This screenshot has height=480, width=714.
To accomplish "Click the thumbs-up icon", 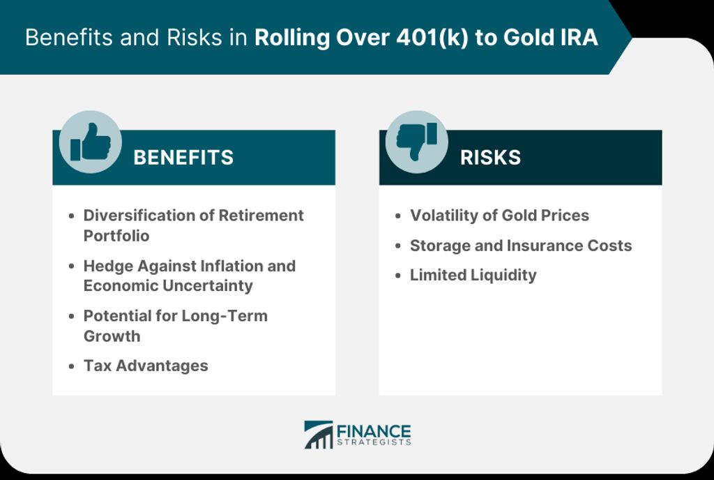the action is point(90,142).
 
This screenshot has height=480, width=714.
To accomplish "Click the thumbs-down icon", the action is point(417,142).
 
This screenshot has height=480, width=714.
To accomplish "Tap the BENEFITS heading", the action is point(183,158).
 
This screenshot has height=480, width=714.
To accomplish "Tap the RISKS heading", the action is point(490,158).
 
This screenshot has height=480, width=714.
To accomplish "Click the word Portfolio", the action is point(116,235).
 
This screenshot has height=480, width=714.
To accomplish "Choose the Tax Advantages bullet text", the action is point(146,366).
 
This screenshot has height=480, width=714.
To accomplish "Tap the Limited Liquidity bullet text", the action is point(473,275).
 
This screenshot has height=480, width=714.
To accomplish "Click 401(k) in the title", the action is point(432,38).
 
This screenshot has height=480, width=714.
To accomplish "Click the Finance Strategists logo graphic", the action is point(318,435).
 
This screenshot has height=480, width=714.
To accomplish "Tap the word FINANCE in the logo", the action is point(374,431).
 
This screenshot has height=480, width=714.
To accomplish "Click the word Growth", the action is point(112,336).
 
